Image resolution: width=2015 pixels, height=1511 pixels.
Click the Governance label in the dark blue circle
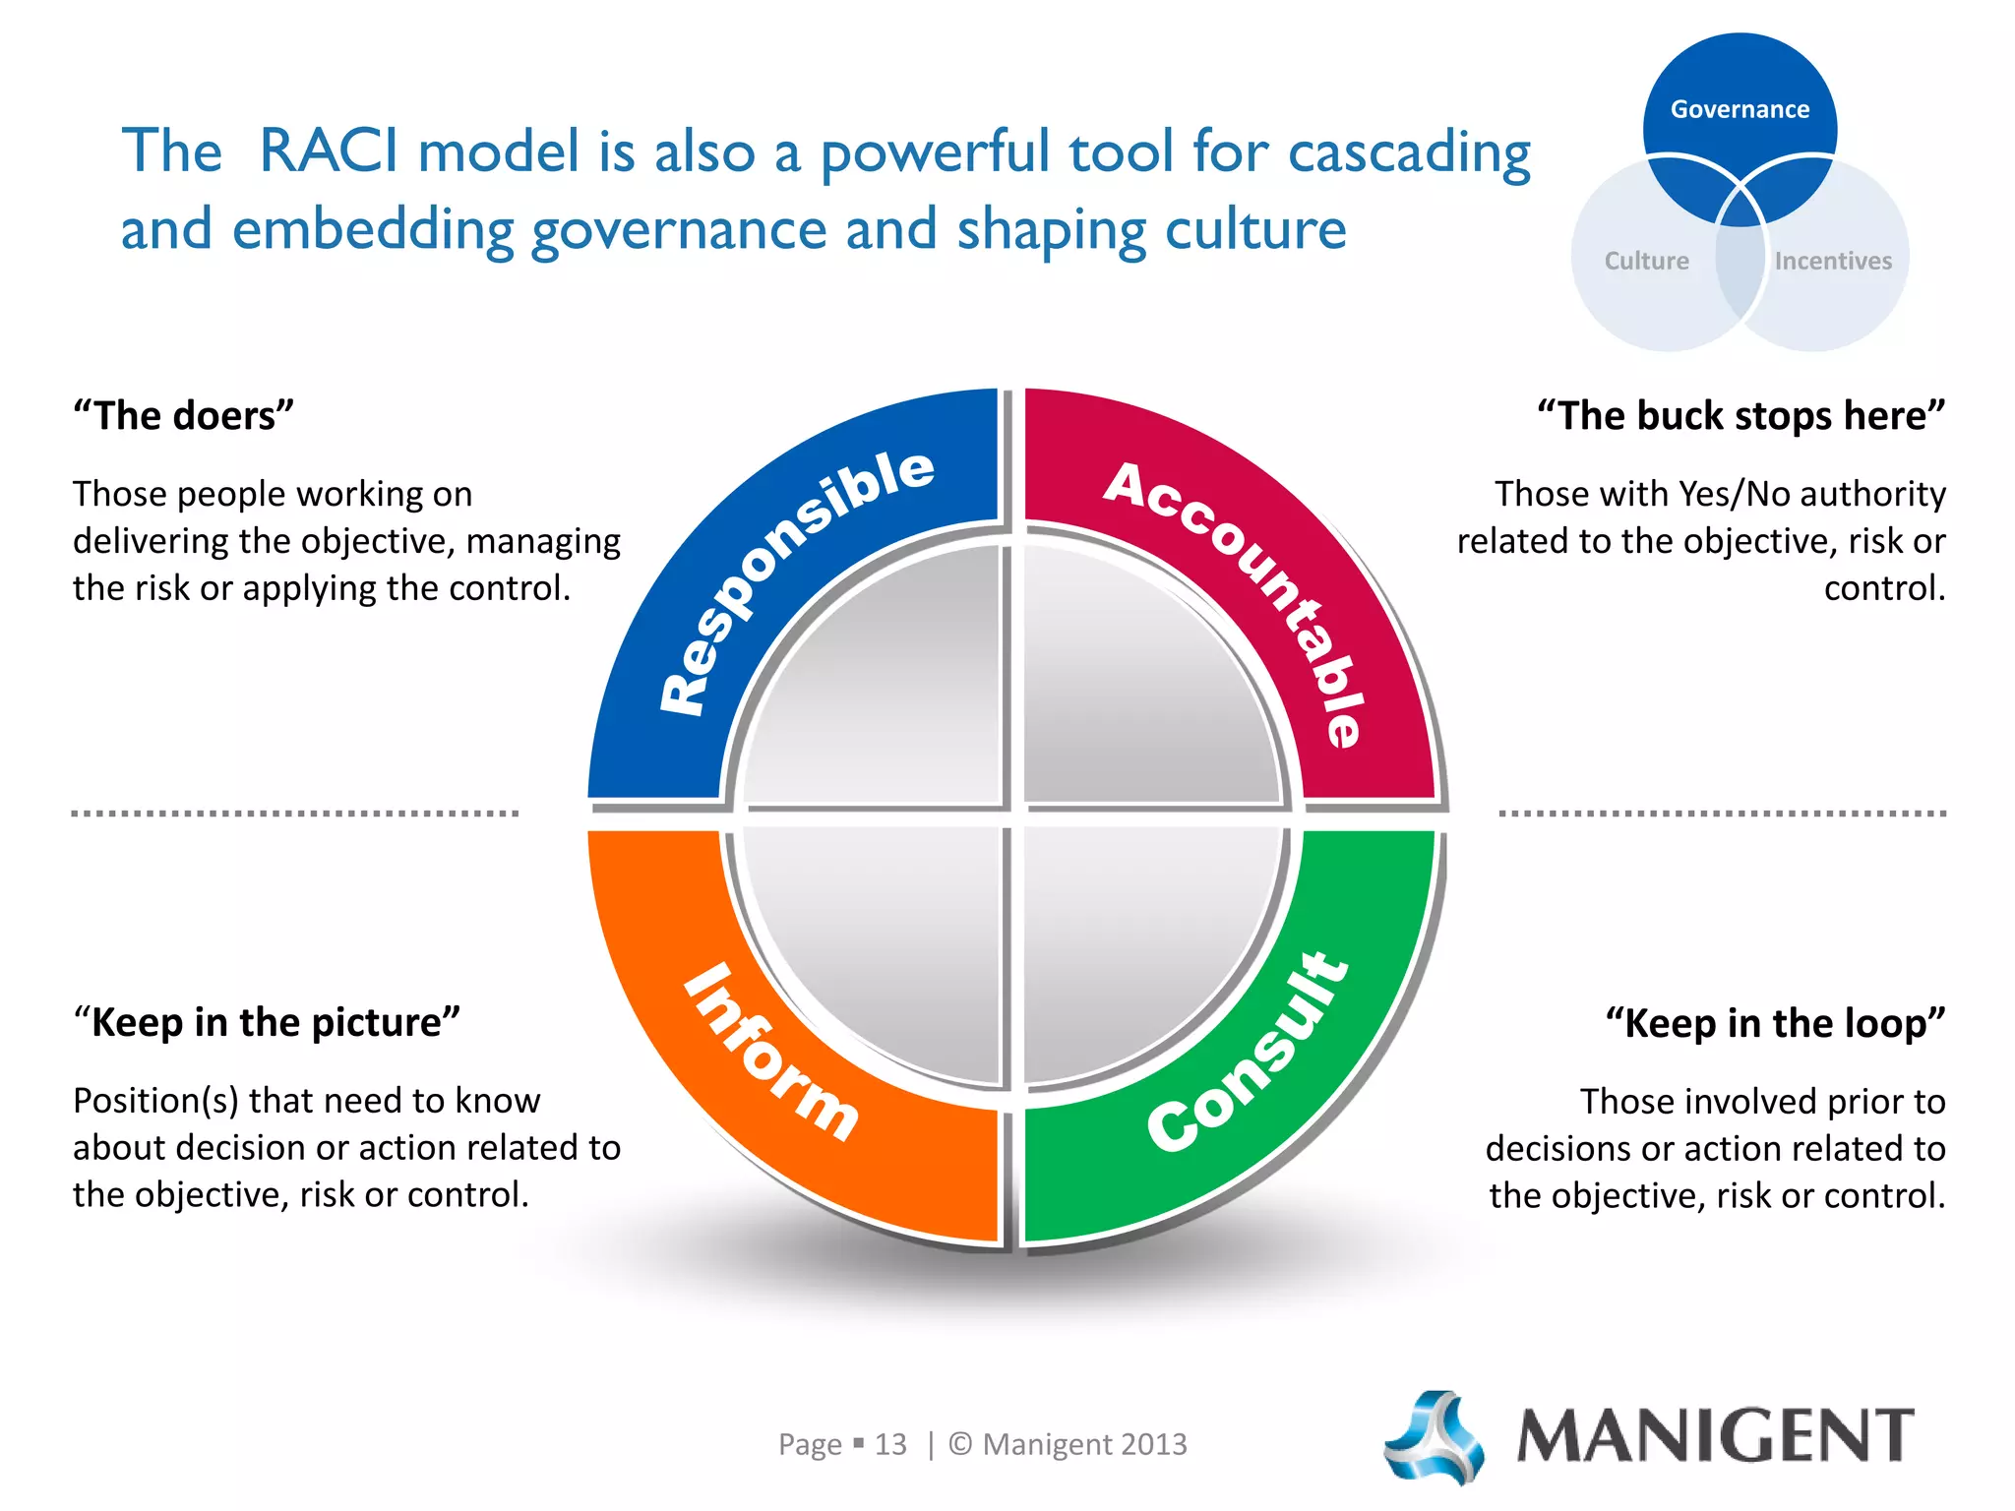coord(1740,109)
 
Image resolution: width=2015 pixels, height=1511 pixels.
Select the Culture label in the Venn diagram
coord(1646,261)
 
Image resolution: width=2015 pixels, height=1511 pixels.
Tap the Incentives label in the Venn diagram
coord(1833,261)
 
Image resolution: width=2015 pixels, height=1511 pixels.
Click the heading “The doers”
coord(184,416)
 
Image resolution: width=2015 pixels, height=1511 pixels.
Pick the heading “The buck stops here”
coord(1741,416)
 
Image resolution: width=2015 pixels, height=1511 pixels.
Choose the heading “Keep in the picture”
coord(267,1023)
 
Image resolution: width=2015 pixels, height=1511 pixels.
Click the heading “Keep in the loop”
coord(1776,1024)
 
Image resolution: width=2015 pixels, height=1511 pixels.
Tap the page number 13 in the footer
coord(890,1444)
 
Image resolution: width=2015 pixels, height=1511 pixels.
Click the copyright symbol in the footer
coord(960,1444)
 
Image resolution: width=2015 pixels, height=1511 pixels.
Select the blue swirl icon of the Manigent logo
coord(1435,1436)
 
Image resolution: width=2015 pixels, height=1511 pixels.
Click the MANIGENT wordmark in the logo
coord(1716,1436)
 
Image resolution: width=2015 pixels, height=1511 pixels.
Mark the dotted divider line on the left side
coord(295,814)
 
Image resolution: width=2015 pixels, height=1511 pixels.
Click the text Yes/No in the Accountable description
coord(1734,494)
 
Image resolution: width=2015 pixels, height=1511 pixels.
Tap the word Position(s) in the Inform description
coord(155,1101)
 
